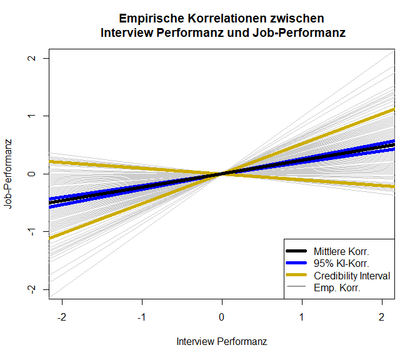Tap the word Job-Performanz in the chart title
pyautogui.click(x=302, y=32)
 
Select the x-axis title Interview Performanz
pyautogui.click(x=222, y=342)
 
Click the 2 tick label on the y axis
pyautogui.click(x=30, y=58)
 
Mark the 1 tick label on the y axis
pyautogui.click(x=30, y=116)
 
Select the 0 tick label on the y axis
pyautogui.click(x=30, y=174)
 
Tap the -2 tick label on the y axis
pyautogui.click(x=30, y=289)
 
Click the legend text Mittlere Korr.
pyautogui.click(x=345, y=251)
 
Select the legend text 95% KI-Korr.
pyautogui.click(x=342, y=263)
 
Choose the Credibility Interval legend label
pyautogui.click(x=352, y=276)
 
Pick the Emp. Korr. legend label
pyautogui.click(x=337, y=288)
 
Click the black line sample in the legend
pyautogui.click(x=298, y=251)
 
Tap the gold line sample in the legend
pyautogui.click(x=298, y=276)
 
